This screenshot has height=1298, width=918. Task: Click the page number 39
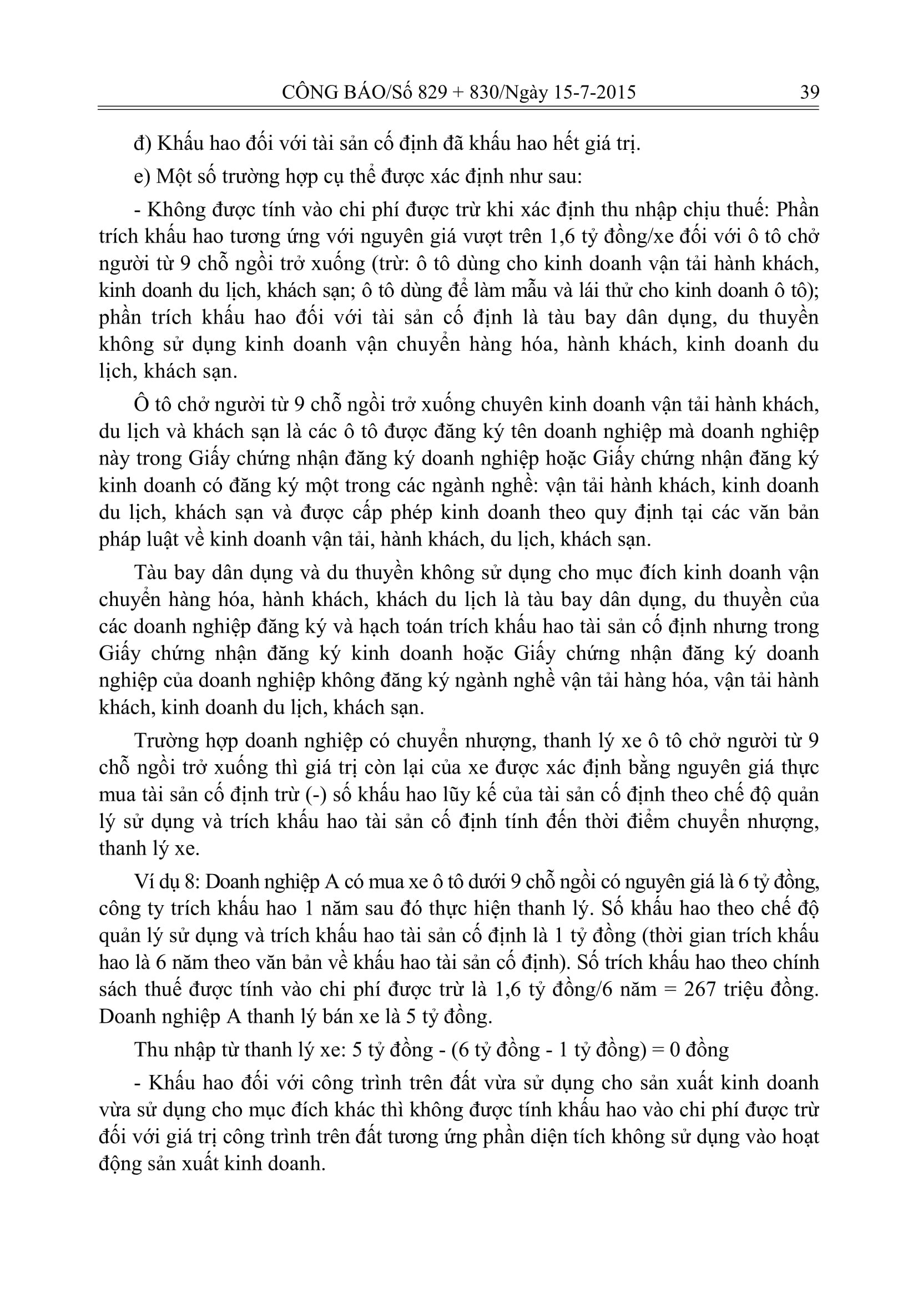[809, 92]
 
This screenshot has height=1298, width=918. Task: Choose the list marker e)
[142, 177]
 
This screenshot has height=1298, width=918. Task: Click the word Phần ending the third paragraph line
[797, 210]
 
